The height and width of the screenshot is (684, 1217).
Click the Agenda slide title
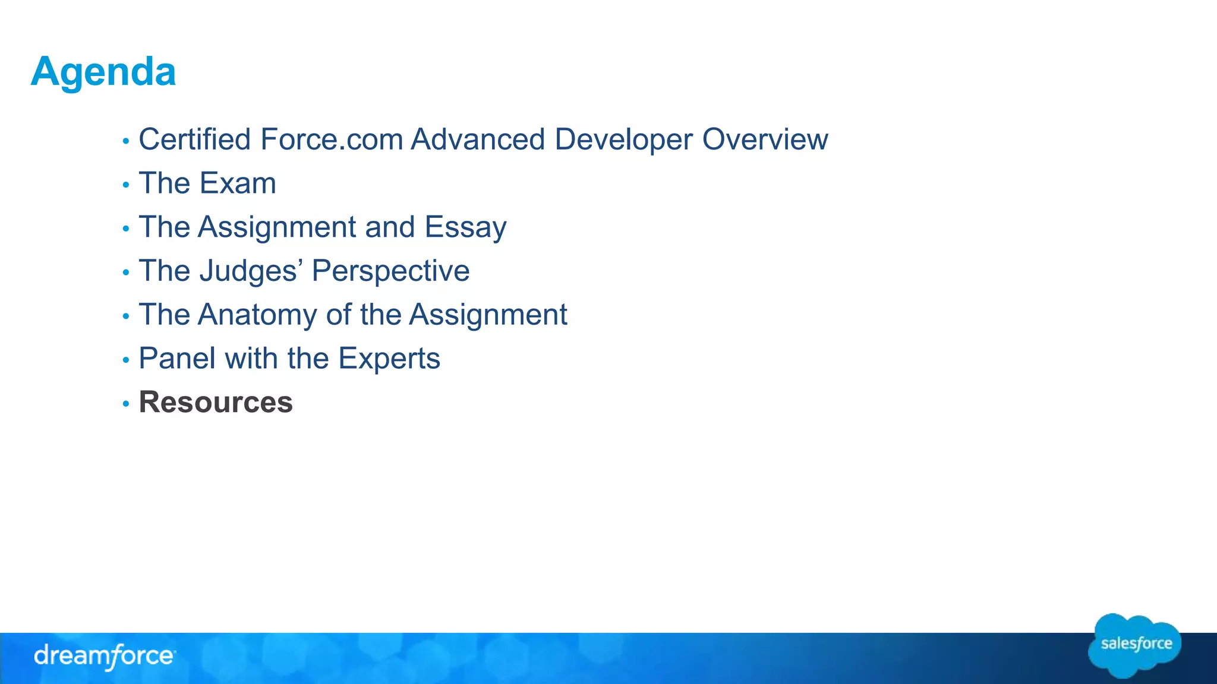(103, 72)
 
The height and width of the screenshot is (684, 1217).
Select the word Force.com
(332, 140)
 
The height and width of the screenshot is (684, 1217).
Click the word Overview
(765, 140)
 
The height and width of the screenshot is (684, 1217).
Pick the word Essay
(465, 227)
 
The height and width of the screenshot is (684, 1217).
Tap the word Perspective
(390, 271)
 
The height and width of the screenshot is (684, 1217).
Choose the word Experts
(389, 359)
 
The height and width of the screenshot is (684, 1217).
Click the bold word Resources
(216, 403)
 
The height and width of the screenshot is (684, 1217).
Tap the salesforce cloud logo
(1135, 645)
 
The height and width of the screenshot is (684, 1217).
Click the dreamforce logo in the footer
(105, 657)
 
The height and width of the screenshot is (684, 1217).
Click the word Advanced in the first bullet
(478, 140)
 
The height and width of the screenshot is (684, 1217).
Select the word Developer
(623, 140)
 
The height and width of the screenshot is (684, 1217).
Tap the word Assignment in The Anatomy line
(488, 315)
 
